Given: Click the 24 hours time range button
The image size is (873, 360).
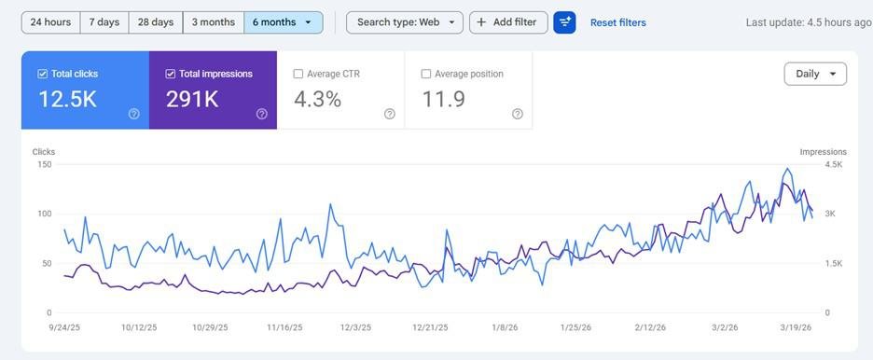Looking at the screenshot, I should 50,22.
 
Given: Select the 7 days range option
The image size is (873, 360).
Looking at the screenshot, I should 104,22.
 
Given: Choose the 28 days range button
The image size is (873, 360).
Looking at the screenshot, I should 156,22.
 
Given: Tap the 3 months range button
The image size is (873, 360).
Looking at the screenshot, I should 214,22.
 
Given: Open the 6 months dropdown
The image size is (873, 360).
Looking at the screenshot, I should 283,22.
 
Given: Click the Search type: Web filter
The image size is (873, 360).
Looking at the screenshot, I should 404,22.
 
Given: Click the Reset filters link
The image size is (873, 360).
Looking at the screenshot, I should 617,22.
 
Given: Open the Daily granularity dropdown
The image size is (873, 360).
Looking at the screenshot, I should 815,74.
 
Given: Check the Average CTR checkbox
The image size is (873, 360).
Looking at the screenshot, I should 298,74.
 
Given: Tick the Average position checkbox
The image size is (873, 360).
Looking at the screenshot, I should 426,74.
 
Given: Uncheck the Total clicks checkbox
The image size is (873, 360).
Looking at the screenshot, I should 43,74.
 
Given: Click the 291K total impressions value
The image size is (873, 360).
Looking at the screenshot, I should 191,99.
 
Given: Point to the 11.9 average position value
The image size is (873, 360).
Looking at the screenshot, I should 443,99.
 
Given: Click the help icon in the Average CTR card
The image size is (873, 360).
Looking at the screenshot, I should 389,114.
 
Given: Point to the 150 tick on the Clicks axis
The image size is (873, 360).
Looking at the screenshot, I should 44,165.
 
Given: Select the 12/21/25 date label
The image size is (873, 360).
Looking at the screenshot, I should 429,327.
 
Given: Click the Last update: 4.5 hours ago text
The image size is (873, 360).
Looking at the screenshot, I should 808,22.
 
